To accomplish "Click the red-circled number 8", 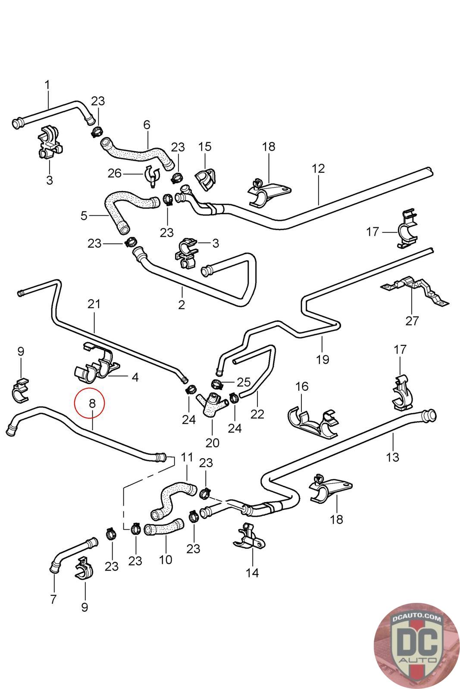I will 91,403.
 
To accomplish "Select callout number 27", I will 412,321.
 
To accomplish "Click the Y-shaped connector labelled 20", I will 212,403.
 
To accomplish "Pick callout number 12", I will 318,168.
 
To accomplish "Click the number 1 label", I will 47,85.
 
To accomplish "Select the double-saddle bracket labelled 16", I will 313,422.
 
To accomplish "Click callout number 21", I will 94,304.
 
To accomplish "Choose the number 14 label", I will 252,573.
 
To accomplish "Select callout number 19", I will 322,359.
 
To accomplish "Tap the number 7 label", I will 53,599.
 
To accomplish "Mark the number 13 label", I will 393,456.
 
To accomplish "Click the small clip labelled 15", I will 206,179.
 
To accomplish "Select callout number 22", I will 257,414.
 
